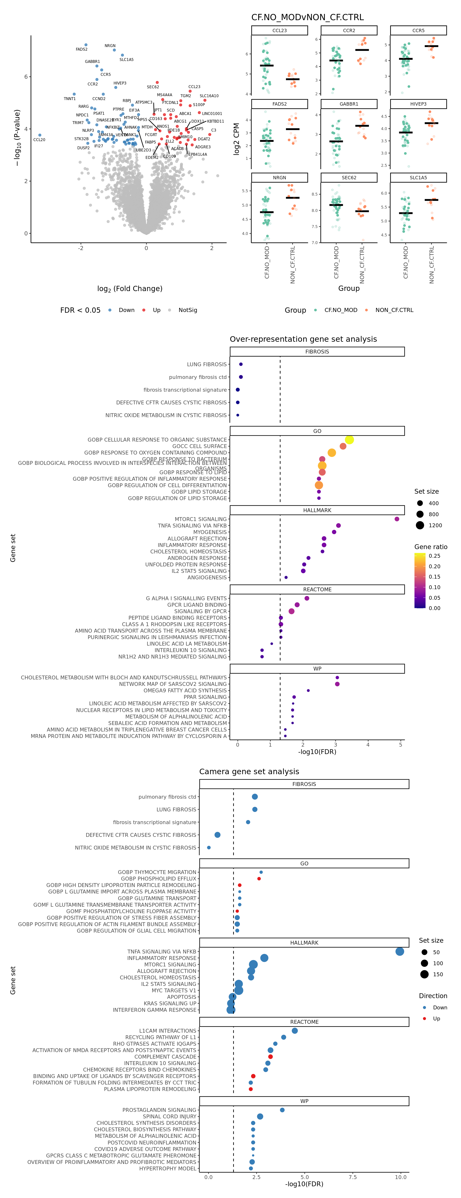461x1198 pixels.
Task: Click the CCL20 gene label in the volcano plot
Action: point(39,139)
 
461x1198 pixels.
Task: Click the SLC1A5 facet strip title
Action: point(418,178)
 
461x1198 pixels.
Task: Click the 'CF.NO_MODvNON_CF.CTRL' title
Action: point(308,17)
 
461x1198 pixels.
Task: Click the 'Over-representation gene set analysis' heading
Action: point(303,339)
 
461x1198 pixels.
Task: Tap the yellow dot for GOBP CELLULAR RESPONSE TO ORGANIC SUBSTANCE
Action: point(349,439)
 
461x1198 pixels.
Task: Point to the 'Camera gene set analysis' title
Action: point(249,772)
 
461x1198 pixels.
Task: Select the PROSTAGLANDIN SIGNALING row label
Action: point(160,1110)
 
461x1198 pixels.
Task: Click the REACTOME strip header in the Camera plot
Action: point(304,1022)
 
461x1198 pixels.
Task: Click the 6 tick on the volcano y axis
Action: point(26,77)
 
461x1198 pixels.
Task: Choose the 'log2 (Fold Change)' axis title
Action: point(130,289)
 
